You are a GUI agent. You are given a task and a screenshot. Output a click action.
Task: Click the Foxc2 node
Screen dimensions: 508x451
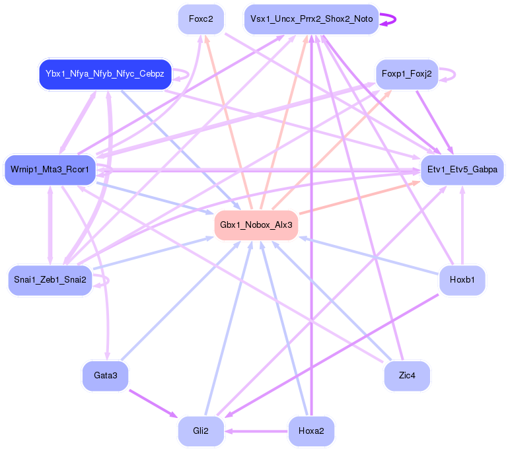[x=201, y=19]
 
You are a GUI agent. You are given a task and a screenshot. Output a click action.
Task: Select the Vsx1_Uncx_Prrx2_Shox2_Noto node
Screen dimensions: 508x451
[x=311, y=19]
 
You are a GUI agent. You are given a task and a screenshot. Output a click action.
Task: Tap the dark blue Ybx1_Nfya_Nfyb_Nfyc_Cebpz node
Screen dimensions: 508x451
[x=105, y=73]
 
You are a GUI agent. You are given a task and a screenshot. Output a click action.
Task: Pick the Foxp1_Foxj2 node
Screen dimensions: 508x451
[x=406, y=74]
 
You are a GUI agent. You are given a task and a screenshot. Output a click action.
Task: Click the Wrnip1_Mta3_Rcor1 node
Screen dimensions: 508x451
[x=50, y=170]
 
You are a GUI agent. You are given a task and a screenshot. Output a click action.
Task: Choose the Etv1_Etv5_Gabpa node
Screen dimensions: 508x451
[x=462, y=170]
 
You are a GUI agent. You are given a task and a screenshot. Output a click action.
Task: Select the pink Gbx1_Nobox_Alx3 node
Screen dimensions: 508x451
[x=256, y=225]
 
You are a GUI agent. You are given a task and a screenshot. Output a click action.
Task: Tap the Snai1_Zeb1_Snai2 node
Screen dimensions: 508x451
[x=50, y=280]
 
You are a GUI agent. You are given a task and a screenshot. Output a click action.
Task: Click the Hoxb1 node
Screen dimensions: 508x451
[x=462, y=280]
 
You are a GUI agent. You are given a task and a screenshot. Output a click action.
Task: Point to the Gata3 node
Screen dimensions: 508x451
[x=105, y=376]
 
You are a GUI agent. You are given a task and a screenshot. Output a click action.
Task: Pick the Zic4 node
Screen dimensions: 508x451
[x=407, y=376]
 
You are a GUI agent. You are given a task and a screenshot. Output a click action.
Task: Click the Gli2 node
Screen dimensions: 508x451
[x=201, y=431]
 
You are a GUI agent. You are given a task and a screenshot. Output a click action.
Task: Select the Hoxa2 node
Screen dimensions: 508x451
[x=311, y=431]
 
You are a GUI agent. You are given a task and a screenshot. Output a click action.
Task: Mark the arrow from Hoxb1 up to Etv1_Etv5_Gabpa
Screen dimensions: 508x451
[x=462, y=225]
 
